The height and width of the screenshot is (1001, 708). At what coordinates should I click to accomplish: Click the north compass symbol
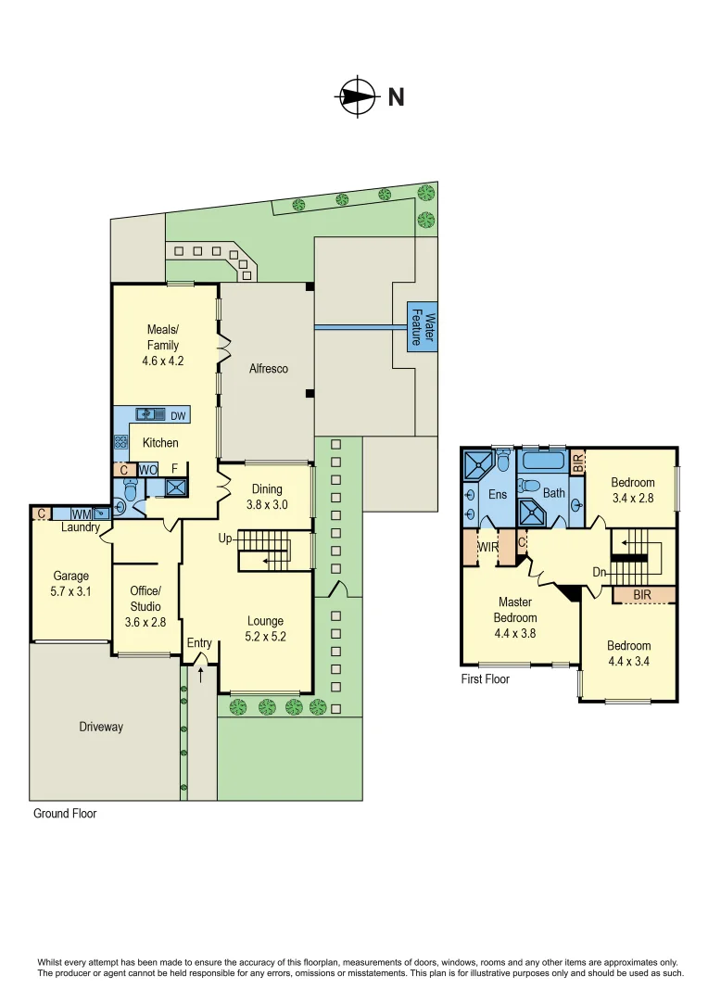click(358, 96)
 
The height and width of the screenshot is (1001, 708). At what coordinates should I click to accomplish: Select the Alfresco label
click(269, 369)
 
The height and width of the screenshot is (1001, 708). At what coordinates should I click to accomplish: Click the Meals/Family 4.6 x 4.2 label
click(163, 345)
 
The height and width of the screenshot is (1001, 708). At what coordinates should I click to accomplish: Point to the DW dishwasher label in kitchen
click(177, 415)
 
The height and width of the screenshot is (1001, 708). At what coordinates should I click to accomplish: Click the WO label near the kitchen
click(148, 470)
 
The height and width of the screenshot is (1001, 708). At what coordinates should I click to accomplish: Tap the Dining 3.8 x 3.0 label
click(267, 498)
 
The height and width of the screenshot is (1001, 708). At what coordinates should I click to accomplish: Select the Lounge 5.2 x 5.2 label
click(265, 628)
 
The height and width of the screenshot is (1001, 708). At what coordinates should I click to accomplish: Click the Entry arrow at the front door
click(200, 662)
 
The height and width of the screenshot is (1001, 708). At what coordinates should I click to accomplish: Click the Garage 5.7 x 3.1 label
click(71, 583)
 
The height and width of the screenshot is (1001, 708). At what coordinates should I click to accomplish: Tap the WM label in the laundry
click(81, 513)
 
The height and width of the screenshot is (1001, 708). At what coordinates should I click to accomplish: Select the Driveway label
click(100, 727)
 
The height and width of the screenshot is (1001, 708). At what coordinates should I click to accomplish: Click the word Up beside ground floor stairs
click(226, 538)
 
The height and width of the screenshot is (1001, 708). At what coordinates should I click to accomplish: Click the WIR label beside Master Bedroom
click(487, 547)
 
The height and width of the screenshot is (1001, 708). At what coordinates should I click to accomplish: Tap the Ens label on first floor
click(498, 494)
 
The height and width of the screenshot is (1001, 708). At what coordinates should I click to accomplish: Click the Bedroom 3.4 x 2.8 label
click(632, 490)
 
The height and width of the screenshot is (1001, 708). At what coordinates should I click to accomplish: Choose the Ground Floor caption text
click(65, 814)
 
